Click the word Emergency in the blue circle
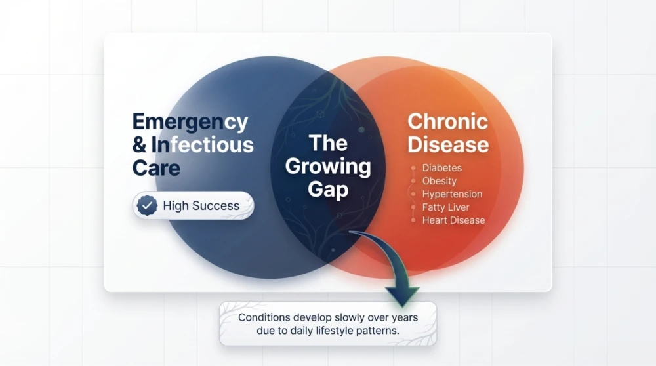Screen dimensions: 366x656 [x=190, y=123]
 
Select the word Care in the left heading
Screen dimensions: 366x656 [x=156, y=167]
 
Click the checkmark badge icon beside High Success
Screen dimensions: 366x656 [x=147, y=205]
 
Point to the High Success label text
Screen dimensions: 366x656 [x=201, y=205]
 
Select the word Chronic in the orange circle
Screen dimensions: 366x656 [x=447, y=121]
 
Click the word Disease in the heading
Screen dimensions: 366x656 [x=447, y=144]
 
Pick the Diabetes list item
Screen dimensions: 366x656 [x=442, y=169]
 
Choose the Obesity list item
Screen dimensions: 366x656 [x=440, y=181]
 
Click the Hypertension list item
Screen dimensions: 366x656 [x=452, y=194]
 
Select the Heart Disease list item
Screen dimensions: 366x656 [x=453, y=220]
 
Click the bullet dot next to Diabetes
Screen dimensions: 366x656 [x=413, y=169]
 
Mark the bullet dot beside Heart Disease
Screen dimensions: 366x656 [x=413, y=220]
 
